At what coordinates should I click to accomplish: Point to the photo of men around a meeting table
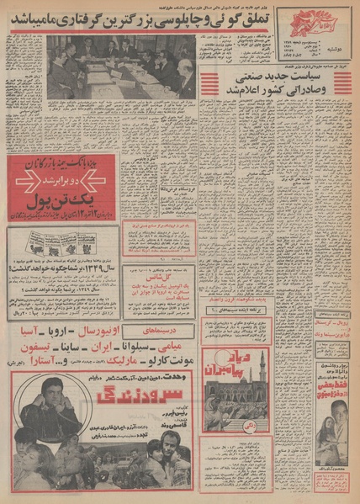pyautogui.click(x=122, y=66)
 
